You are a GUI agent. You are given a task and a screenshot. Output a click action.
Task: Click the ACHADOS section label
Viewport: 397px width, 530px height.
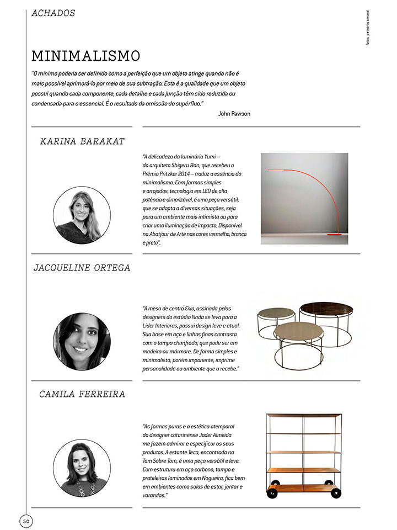point(53,13)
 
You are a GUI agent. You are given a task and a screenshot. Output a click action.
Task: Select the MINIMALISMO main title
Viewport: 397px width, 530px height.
point(85,56)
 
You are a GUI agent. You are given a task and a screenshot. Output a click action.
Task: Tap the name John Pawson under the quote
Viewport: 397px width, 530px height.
point(234,114)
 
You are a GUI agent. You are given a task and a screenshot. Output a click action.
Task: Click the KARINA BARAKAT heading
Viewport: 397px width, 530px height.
point(83,141)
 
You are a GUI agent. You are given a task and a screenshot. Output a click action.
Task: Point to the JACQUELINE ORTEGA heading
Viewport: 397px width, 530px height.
point(82,268)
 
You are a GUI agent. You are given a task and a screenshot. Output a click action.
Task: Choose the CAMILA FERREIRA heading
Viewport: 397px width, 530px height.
point(82,394)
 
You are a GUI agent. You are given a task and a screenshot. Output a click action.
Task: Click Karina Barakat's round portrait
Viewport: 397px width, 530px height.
point(82,215)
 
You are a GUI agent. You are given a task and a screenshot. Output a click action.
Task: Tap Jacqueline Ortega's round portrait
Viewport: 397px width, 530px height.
point(82,342)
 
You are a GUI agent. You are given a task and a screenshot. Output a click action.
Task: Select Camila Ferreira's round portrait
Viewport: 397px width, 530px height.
point(82,468)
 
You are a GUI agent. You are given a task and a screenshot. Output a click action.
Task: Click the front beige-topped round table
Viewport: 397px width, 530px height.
point(298,332)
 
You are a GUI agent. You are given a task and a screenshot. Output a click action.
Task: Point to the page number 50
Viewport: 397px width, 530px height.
point(26,521)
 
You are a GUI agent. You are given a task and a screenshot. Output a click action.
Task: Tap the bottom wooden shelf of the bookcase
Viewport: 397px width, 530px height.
point(303,487)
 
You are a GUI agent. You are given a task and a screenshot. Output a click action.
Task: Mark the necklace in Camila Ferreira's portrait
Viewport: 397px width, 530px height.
point(83,486)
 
